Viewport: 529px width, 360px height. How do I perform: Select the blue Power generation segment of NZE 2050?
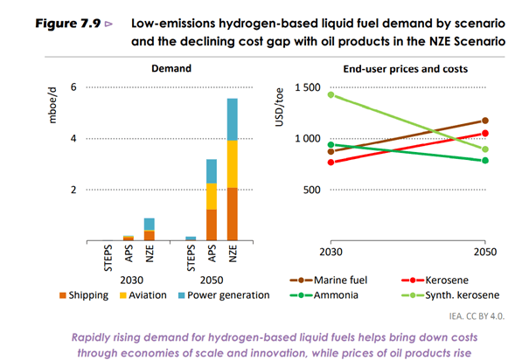[233, 120]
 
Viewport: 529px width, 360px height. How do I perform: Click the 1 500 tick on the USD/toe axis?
[295, 87]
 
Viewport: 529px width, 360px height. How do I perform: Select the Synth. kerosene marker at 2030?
[331, 94]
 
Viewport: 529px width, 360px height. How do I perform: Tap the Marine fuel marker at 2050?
[486, 121]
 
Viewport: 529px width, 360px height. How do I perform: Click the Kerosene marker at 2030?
[331, 162]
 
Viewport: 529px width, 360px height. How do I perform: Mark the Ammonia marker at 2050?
[486, 161]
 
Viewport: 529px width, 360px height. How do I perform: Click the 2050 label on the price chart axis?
[486, 253]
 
